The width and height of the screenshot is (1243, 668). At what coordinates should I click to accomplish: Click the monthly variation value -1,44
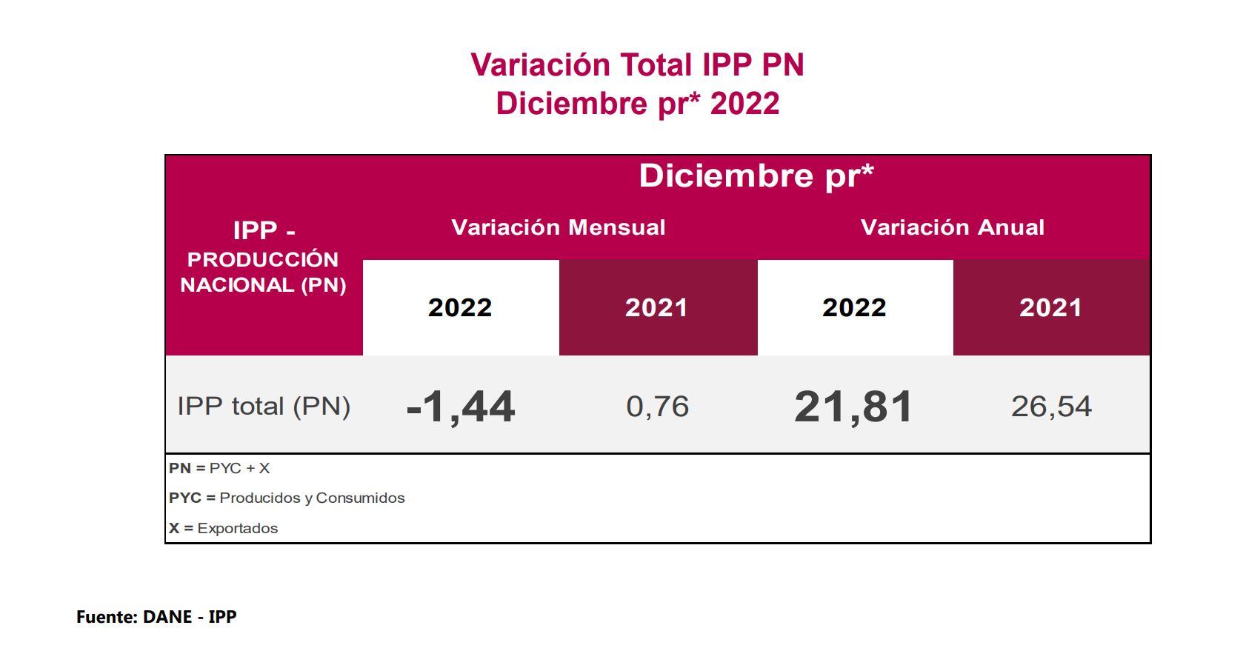pos(461,407)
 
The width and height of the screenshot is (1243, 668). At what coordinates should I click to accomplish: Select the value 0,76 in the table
pos(658,407)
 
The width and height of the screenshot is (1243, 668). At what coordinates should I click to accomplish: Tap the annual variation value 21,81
pos(853,407)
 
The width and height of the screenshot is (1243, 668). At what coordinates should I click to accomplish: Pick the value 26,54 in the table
pos(1051,407)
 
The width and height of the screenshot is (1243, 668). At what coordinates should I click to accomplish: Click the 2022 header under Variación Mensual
pos(460,307)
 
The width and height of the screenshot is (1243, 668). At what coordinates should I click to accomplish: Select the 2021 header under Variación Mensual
pos(656,307)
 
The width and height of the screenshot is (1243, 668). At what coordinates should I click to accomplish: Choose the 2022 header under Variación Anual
pos(854,307)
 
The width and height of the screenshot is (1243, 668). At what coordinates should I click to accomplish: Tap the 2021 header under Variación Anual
pos(1050,307)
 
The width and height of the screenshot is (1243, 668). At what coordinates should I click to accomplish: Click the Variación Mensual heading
pos(559,227)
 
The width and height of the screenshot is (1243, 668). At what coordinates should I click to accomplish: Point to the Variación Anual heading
pos(953,227)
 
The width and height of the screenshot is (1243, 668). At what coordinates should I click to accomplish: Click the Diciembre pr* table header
pos(756,176)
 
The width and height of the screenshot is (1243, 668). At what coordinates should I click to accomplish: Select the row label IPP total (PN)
pos(264,407)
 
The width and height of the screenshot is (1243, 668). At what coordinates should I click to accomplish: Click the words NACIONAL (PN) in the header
pos(263,285)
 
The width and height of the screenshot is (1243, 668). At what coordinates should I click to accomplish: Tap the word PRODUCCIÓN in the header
pos(263,260)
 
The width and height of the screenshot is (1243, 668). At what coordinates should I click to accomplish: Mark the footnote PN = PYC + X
pos(219,469)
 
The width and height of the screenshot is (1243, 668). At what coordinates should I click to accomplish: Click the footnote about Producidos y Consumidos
pos(287,498)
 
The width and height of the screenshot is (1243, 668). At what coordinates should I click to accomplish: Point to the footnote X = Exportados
pos(223,529)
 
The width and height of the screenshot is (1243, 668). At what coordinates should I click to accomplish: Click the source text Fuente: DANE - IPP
pos(156,617)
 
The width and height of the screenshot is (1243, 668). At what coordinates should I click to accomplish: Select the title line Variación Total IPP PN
pos(637,65)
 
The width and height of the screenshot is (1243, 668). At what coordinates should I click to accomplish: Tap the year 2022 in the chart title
pos(744,104)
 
